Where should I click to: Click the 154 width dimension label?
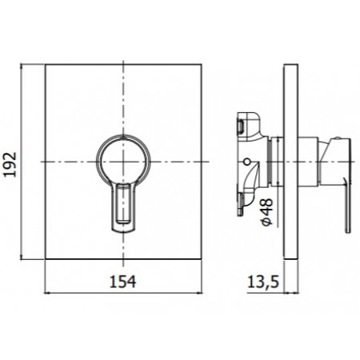point(123,282)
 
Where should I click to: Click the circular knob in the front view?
point(123,161)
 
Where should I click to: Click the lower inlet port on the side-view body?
point(242,206)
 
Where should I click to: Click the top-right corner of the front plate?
point(200,64)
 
